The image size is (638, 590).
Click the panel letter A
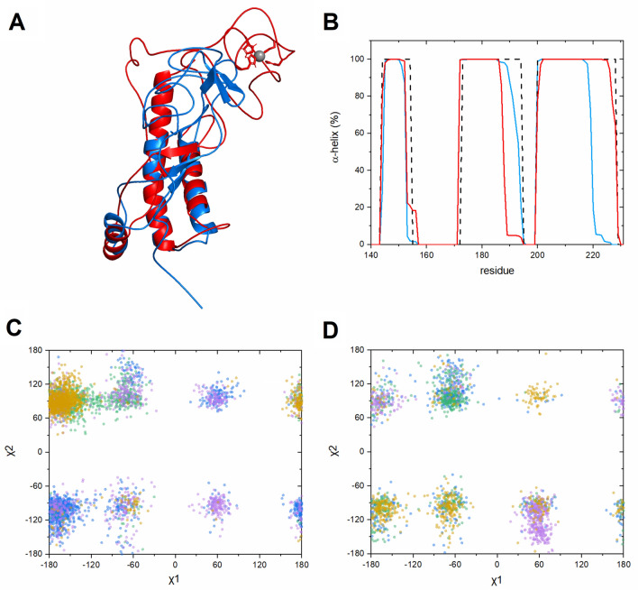click(x=16, y=21)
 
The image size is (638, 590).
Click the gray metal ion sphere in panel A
click(x=260, y=57)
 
